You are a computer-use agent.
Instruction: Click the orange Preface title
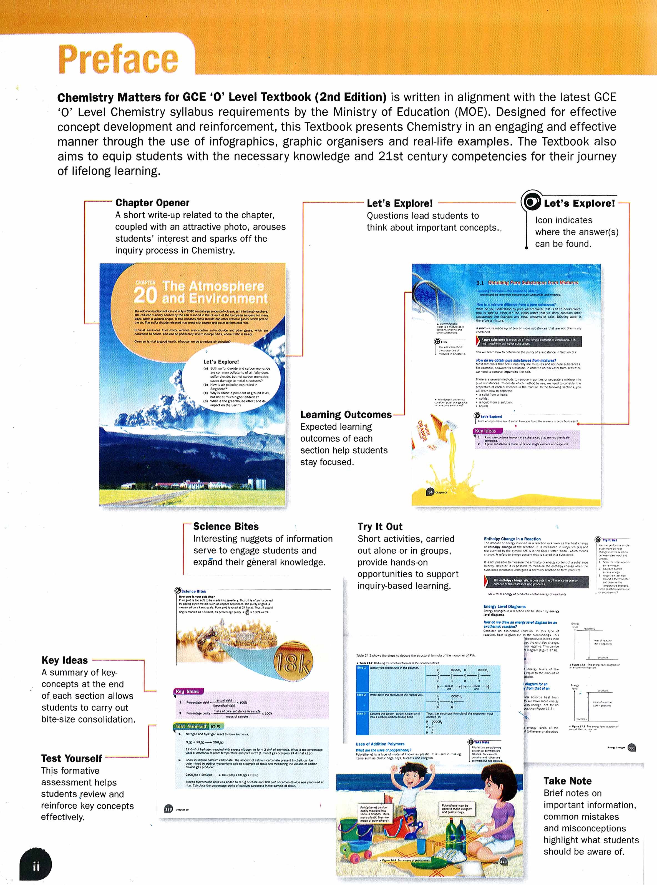[x=119, y=59]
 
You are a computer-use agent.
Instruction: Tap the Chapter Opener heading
[x=152, y=202]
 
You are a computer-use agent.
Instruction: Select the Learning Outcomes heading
[x=346, y=415]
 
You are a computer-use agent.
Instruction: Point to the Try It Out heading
[x=380, y=527]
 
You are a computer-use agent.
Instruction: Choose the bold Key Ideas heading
[x=64, y=660]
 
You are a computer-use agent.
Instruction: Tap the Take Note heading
[x=568, y=781]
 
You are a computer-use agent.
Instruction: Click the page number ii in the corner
[x=36, y=866]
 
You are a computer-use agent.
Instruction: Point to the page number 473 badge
[x=504, y=862]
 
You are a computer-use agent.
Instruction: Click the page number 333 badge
[x=631, y=748]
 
